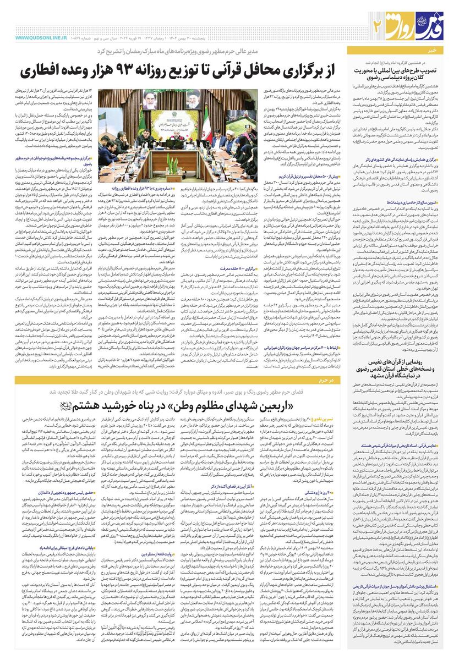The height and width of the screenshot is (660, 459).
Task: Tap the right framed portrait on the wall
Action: tap(194, 98)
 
